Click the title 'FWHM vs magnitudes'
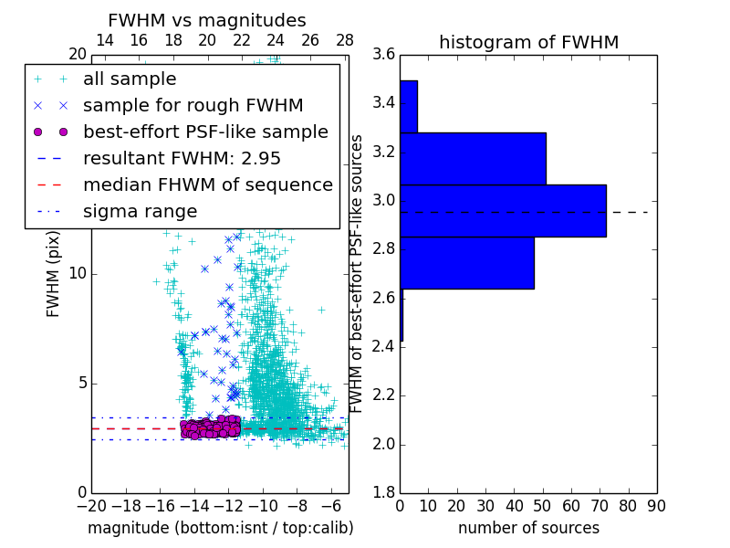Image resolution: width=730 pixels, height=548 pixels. click(x=207, y=20)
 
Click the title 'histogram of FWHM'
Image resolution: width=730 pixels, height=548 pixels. click(x=528, y=42)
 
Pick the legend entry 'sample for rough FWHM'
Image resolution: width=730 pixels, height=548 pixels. click(x=193, y=106)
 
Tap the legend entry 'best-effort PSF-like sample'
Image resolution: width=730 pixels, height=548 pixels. click(x=205, y=132)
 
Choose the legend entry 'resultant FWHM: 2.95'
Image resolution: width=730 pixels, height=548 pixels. click(x=182, y=158)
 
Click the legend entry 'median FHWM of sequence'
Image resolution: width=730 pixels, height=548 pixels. click(x=207, y=184)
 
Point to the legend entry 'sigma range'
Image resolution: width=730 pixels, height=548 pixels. click(x=140, y=211)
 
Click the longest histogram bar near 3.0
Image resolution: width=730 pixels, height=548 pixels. click(x=503, y=211)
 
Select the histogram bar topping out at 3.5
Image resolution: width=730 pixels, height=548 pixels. click(x=409, y=107)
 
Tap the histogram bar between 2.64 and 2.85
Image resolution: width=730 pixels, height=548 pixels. click(x=467, y=263)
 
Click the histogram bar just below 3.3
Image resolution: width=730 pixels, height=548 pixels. click(x=473, y=159)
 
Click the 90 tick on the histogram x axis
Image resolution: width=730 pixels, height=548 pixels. click(x=656, y=505)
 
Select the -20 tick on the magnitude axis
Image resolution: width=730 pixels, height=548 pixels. click(x=91, y=505)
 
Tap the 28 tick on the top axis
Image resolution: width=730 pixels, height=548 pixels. click(x=345, y=40)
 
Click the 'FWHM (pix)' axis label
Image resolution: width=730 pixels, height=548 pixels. click(x=54, y=273)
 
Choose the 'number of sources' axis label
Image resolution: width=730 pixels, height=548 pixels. click(x=528, y=528)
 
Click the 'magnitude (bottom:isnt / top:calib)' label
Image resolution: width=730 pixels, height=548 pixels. click(x=220, y=528)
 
